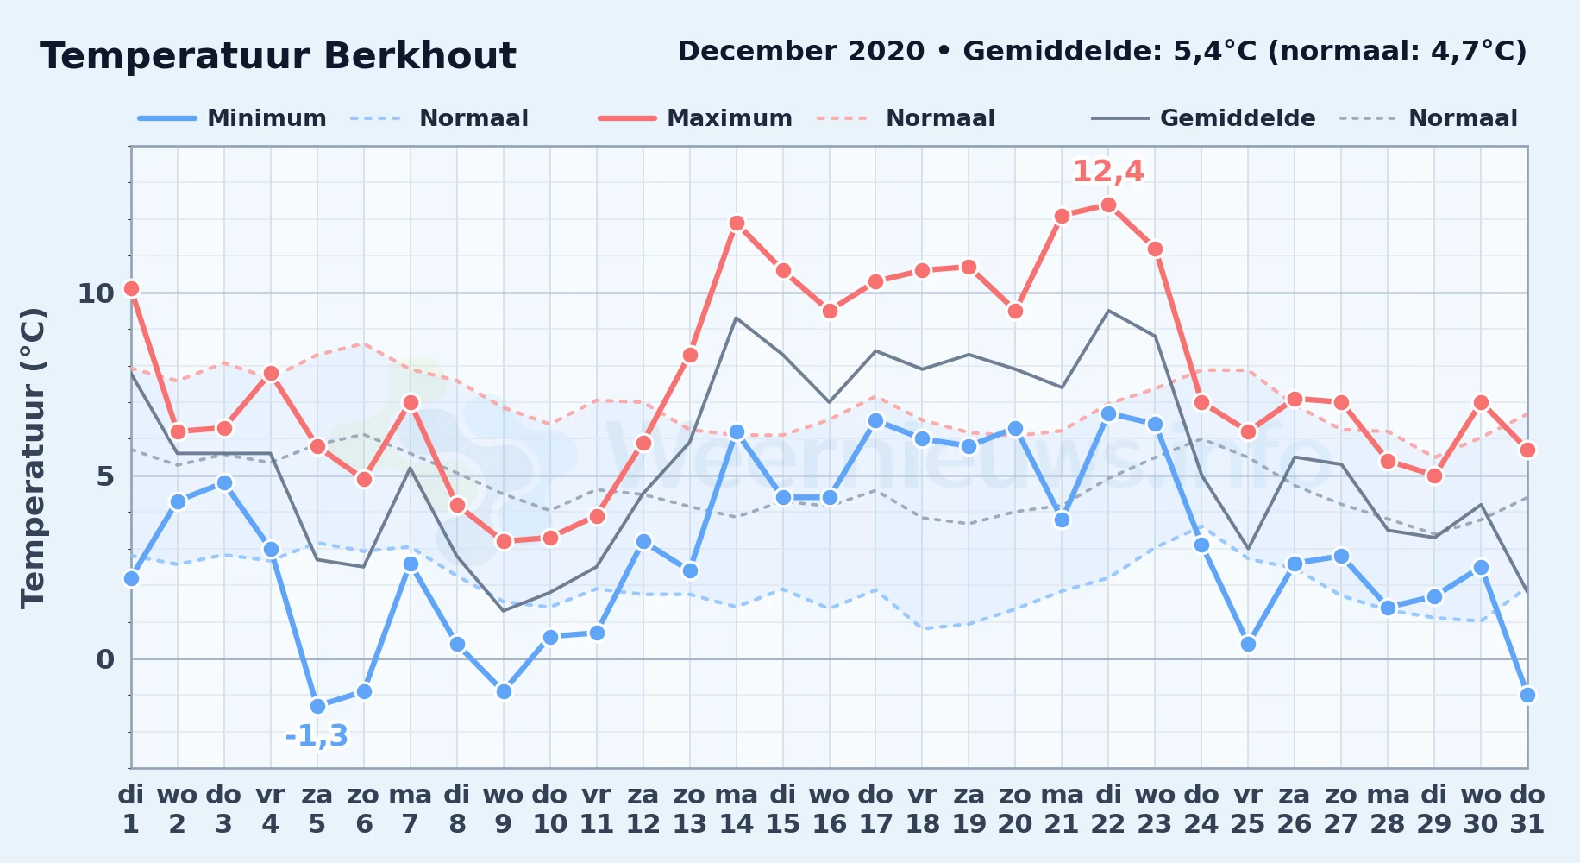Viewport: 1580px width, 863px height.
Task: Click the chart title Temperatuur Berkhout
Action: (278, 56)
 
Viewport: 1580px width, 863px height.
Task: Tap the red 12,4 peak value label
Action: (1108, 172)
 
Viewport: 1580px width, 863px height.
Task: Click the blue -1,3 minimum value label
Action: (317, 736)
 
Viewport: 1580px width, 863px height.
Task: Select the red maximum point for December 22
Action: (1108, 205)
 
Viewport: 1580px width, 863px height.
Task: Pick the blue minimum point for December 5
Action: (317, 707)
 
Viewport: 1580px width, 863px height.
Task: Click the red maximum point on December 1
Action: (131, 289)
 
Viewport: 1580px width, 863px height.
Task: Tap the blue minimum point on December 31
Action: (1527, 696)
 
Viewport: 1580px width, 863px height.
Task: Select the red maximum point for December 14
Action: (737, 224)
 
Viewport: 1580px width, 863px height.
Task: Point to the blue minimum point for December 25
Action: (1248, 645)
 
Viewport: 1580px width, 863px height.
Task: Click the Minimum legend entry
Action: (232, 118)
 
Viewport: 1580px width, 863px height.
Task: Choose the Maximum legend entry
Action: (695, 118)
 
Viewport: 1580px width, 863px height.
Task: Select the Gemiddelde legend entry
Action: (1203, 118)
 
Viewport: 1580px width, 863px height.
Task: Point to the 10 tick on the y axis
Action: (96, 293)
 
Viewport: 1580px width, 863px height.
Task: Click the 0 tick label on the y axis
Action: (105, 659)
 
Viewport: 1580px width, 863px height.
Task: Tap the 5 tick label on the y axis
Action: (105, 476)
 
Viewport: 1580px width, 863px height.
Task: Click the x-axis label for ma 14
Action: (737, 809)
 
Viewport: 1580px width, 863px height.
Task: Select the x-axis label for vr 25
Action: (1248, 809)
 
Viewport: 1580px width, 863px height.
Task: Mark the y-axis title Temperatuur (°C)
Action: (33, 457)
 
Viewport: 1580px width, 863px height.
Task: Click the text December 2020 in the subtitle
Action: (801, 52)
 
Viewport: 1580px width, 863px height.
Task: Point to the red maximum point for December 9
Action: (504, 542)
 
